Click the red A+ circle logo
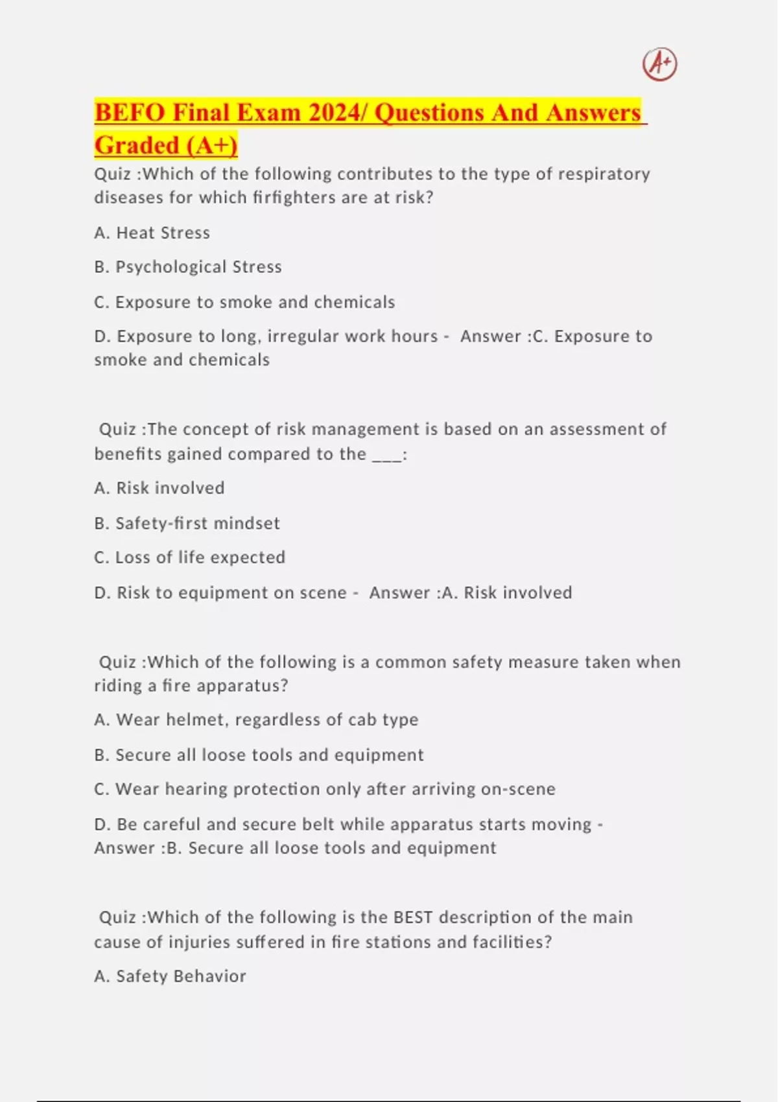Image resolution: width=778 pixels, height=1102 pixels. (659, 64)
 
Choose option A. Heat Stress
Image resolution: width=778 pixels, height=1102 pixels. (152, 233)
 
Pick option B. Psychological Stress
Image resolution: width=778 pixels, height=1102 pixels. (188, 267)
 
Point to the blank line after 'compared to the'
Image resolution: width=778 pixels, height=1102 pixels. (386, 454)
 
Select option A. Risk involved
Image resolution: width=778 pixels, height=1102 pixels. (159, 488)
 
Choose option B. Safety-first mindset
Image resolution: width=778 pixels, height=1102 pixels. (187, 523)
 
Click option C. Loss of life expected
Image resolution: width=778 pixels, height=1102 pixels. (190, 557)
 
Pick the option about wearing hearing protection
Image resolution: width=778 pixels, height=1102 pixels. (325, 789)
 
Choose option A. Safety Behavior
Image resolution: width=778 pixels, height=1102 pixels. (171, 976)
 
